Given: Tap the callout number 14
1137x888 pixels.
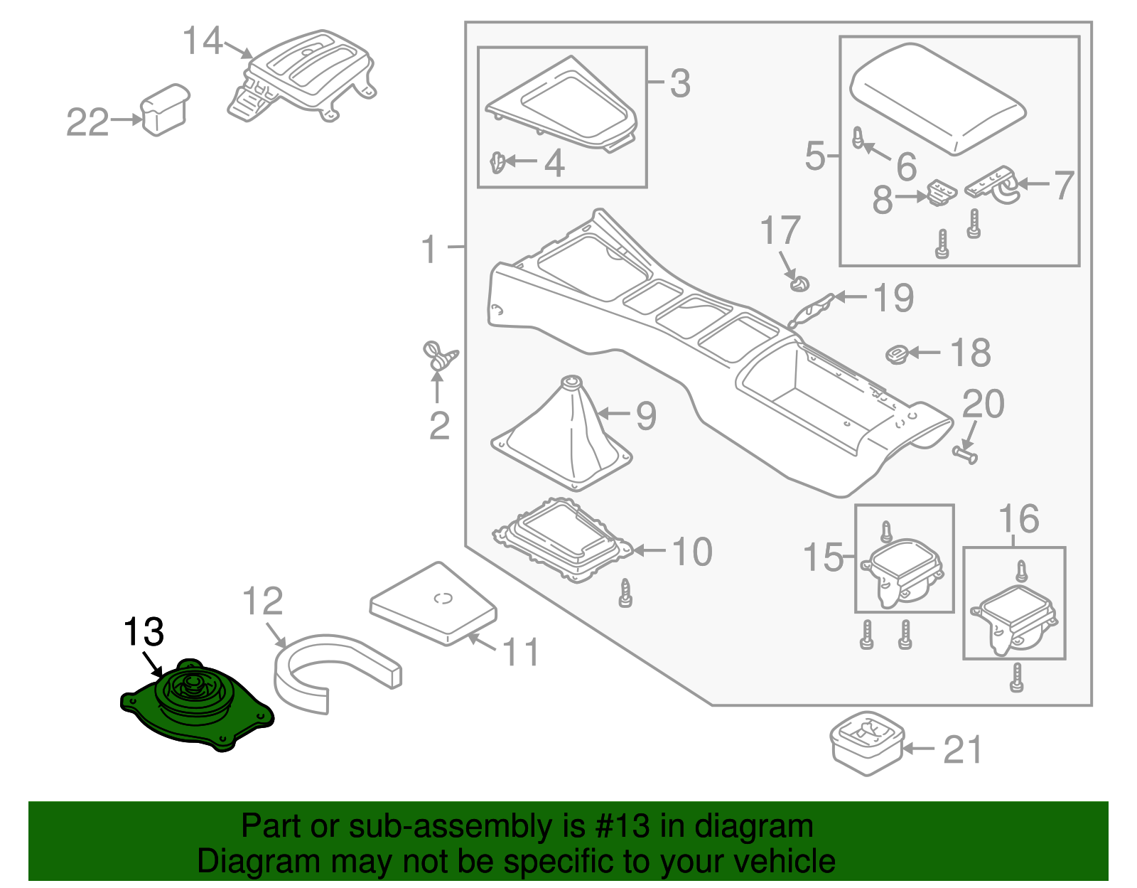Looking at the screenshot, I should tap(203, 41).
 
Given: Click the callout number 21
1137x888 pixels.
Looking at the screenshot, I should tap(962, 750).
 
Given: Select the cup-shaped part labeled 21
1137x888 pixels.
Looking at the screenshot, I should tap(867, 743).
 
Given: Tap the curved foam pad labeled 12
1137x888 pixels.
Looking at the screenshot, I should tap(334, 668).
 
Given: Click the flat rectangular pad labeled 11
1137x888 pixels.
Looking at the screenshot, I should tap(433, 604).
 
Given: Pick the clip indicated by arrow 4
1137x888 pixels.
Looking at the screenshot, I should tap(498, 164).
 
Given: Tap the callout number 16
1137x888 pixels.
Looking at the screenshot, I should tap(1018, 519).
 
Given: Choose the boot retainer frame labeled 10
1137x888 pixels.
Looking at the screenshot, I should tap(561, 544).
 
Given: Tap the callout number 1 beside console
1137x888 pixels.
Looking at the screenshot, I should tap(429, 250).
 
